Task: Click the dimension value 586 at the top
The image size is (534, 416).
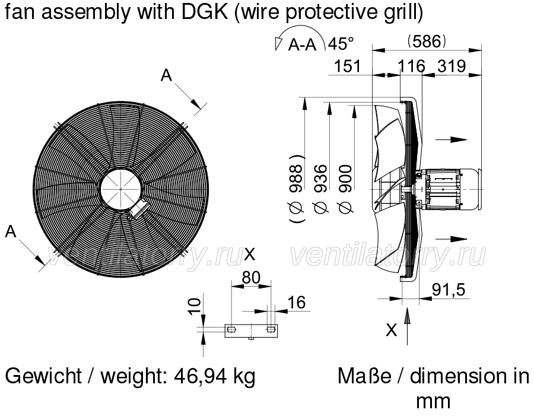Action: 427,42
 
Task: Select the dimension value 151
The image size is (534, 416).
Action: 347,66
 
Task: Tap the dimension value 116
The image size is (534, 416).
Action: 412,66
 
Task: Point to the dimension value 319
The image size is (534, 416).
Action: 452,66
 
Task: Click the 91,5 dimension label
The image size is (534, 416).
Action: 449,290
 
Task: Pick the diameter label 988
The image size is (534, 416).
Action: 296,189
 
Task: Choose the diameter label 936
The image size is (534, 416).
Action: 321,189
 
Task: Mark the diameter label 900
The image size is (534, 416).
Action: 345,189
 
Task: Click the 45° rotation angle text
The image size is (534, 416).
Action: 341,43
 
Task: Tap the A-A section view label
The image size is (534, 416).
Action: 303,45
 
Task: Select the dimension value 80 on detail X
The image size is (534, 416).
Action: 251,278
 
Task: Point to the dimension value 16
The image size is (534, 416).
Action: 297,303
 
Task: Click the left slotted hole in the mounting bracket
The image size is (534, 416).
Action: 231,329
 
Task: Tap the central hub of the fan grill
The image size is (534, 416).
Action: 121,189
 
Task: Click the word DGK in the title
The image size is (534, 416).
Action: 204,12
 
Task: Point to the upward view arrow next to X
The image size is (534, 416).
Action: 407,326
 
